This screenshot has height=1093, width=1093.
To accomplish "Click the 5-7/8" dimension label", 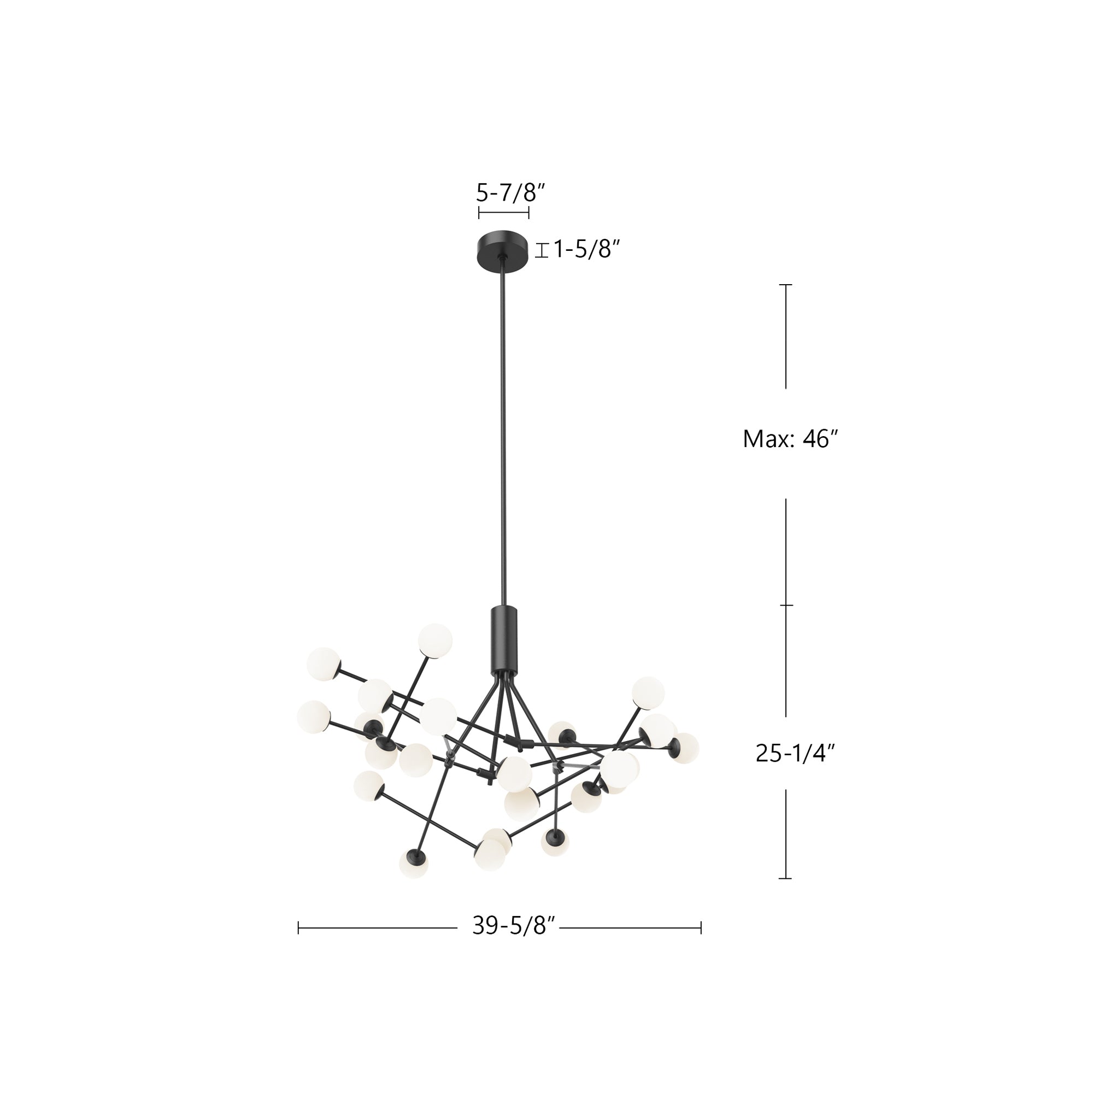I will [x=510, y=193].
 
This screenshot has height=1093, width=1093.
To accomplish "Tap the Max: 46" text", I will [x=790, y=438].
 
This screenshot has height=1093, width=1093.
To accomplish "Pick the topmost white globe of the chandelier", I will [x=435, y=640].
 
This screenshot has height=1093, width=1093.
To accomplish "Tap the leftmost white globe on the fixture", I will [x=313, y=718].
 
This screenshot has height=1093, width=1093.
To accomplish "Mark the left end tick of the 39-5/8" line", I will [x=299, y=928].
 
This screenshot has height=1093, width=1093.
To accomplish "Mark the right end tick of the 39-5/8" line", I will [x=701, y=928].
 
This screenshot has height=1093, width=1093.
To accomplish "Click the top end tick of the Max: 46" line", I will [x=785, y=285].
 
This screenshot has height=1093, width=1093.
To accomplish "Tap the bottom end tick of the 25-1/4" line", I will [x=785, y=879].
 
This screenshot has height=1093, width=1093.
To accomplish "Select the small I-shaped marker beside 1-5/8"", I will [x=542, y=250].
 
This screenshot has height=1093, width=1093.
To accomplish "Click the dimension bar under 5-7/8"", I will [x=503, y=213].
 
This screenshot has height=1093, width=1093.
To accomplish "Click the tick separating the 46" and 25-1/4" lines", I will [x=786, y=606].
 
